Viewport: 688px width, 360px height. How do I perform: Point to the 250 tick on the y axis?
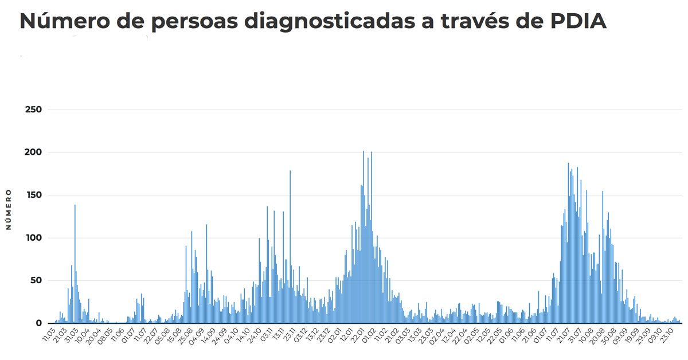[x=34, y=109]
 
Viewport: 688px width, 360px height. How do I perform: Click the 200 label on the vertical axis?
[x=34, y=152]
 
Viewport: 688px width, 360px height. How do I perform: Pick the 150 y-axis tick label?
[x=34, y=195]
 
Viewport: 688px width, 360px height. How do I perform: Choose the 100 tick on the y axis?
[x=34, y=238]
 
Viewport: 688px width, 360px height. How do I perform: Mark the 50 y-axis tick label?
[x=36, y=281]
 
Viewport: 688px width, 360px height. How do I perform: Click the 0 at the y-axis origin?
[x=39, y=323]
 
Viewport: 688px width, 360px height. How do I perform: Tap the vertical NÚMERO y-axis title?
[x=9, y=209]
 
